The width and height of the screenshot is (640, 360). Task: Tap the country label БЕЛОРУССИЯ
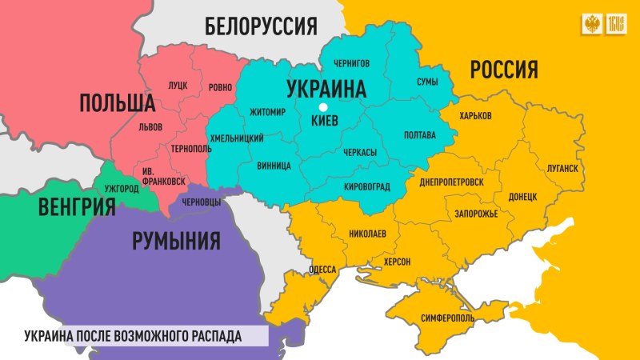(261, 26)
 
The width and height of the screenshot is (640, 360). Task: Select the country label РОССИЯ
(502, 70)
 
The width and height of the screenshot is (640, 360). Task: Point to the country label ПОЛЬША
(116, 102)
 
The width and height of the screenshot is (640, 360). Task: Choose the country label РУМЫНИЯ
(175, 239)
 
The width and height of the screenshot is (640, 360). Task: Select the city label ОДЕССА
(322, 270)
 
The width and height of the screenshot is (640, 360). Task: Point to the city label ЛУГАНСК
(558, 169)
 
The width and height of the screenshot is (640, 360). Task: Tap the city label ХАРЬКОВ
(475, 117)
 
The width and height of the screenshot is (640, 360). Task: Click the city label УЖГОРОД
(121, 189)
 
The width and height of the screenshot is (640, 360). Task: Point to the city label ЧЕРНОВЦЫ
(202, 202)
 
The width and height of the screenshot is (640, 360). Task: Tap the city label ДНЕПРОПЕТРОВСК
(451, 182)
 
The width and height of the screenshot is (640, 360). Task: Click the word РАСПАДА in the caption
(213, 334)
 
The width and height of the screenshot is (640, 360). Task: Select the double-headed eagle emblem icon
(593, 24)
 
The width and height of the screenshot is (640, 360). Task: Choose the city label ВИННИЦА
(274, 167)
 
